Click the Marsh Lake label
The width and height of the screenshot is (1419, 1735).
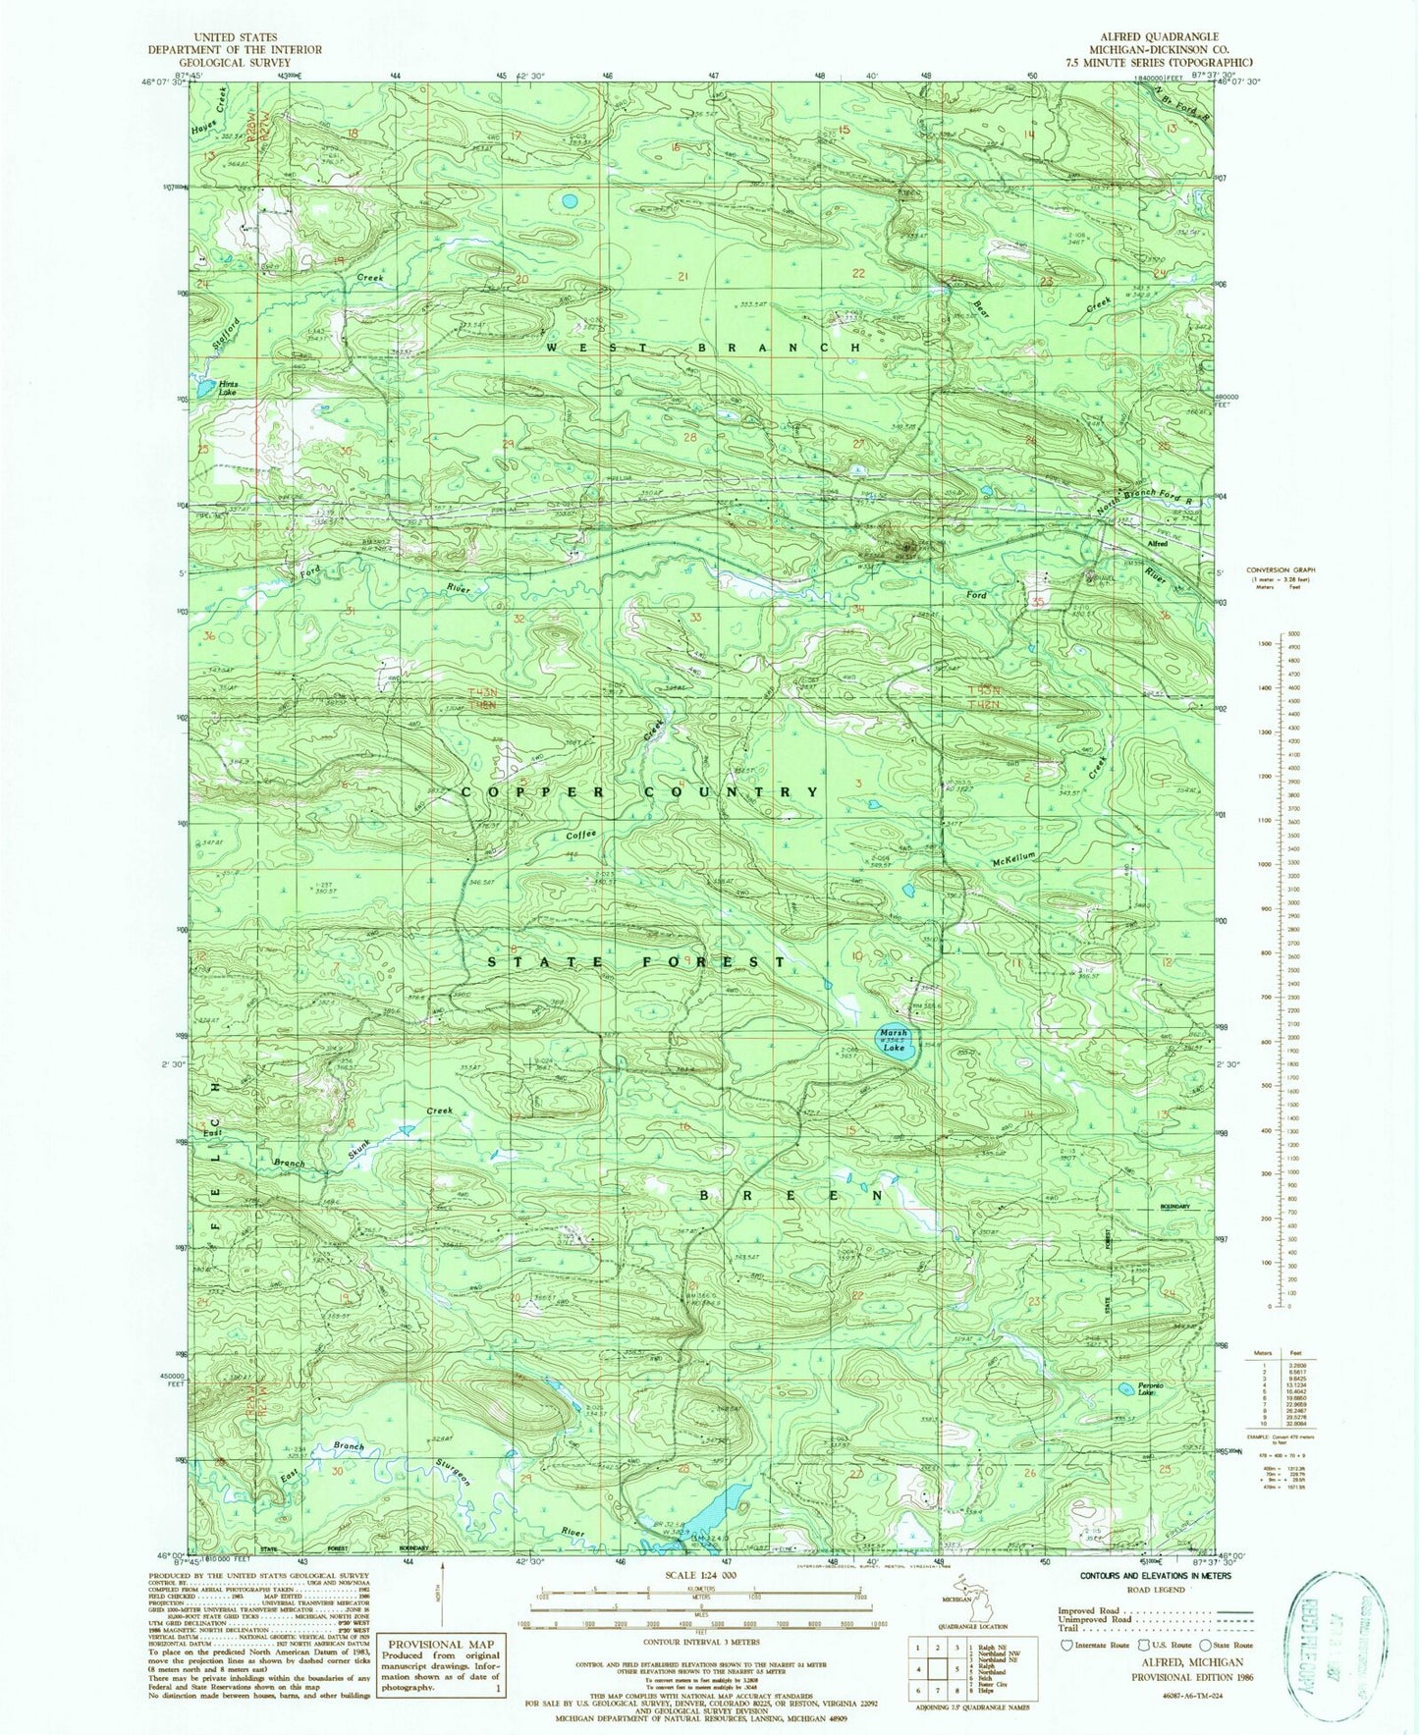(894, 1041)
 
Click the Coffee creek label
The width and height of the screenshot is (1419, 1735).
(580, 835)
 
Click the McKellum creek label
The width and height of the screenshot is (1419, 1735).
(1013, 856)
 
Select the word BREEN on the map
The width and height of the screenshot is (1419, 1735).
(790, 1196)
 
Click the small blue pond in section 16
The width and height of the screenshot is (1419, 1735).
(568, 201)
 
